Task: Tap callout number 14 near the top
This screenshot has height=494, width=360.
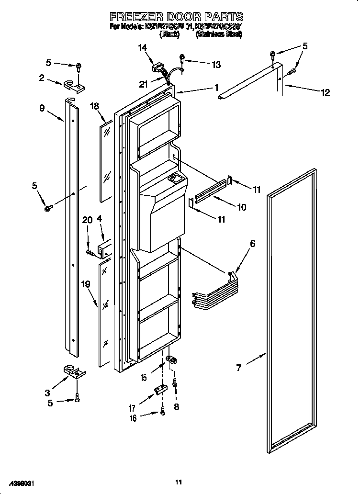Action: [x=142, y=47]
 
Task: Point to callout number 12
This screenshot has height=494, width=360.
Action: [x=325, y=92]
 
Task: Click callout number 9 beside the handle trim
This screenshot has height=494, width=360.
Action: [x=42, y=109]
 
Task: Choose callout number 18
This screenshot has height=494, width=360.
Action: [x=94, y=106]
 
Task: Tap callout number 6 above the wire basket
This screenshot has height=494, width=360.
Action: [x=252, y=244]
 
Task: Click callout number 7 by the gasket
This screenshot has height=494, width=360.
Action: [x=239, y=368]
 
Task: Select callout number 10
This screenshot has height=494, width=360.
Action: [x=242, y=207]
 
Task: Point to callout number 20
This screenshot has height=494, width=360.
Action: [x=87, y=220]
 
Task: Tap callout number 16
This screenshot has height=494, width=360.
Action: [x=133, y=418]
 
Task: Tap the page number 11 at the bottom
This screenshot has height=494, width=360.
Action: [x=178, y=482]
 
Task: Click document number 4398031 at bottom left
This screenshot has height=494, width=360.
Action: [x=21, y=484]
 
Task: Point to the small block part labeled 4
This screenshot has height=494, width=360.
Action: [x=105, y=249]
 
